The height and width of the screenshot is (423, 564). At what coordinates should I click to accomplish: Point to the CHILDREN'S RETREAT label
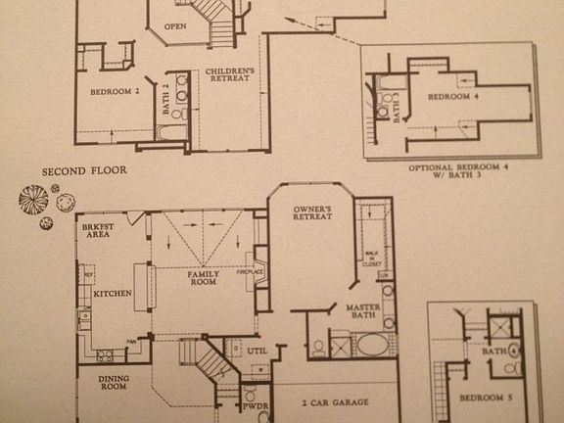[230, 74]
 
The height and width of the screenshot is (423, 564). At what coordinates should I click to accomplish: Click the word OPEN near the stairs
[175, 26]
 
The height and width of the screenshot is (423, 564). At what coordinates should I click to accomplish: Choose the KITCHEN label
[113, 293]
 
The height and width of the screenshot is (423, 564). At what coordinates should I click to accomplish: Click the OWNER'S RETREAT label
[312, 213]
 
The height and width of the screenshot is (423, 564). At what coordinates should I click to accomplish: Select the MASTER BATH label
[361, 312]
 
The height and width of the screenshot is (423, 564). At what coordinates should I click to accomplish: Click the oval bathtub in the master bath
[370, 344]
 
